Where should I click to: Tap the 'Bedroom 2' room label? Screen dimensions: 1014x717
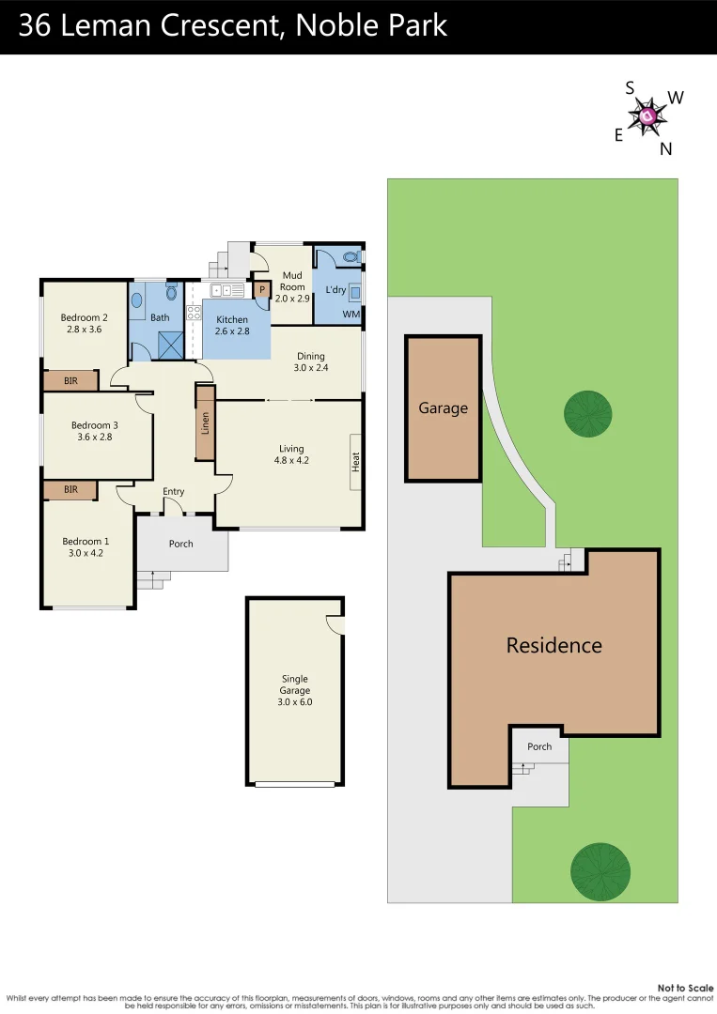click(x=85, y=323)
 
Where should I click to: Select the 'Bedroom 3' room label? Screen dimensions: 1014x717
click(x=95, y=431)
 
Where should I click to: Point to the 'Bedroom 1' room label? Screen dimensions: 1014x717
click(x=86, y=546)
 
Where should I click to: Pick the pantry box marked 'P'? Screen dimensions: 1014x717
click(x=262, y=290)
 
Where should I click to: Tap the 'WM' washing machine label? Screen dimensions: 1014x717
click(x=351, y=314)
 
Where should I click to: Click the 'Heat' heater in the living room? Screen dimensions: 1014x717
click(x=356, y=462)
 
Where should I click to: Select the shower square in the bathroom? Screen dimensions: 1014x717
click(x=170, y=345)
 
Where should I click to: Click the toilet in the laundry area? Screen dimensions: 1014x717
click(x=351, y=255)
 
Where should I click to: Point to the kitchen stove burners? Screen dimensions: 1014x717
click(x=195, y=314)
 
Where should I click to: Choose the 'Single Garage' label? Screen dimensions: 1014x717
click(x=294, y=690)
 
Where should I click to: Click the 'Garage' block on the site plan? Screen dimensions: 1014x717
click(x=443, y=408)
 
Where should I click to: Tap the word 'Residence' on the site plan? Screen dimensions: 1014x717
click(x=553, y=645)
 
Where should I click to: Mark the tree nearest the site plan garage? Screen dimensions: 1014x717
click(x=587, y=413)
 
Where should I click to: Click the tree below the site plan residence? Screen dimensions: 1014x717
click(x=600, y=868)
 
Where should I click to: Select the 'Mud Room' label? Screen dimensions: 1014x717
click(x=292, y=292)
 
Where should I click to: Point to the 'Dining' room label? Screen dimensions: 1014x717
click(x=310, y=361)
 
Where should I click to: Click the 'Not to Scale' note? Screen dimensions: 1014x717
click(x=685, y=988)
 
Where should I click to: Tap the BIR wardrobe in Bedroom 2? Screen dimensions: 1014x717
click(x=70, y=380)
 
